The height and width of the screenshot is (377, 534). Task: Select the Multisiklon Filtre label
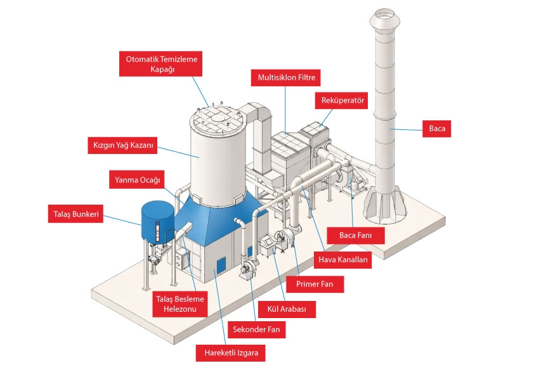[286, 79]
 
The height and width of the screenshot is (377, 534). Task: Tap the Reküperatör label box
[341, 101]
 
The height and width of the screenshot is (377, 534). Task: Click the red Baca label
[437, 129]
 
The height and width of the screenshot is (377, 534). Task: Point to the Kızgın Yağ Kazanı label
[119, 144]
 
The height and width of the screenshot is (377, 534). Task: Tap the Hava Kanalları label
[341, 260]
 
